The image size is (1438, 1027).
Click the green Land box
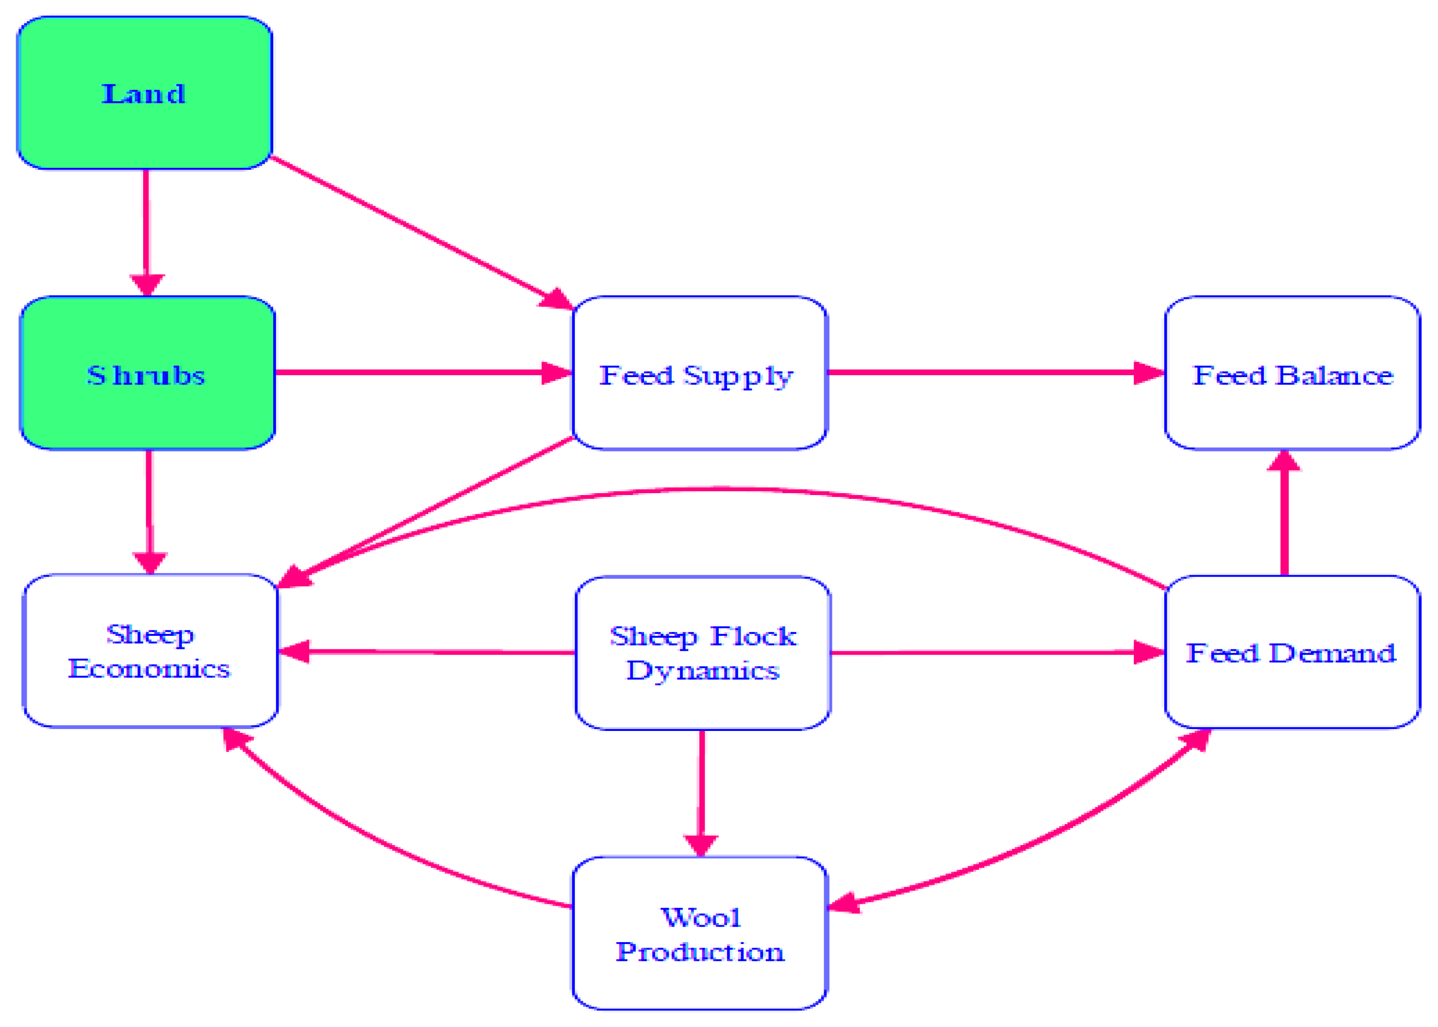click(145, 93)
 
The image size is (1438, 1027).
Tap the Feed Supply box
click(699, 373)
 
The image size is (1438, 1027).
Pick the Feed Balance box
click(1292, 373)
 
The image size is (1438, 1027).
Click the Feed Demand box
click(1292, 652)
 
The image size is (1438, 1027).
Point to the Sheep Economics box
click(150, 651)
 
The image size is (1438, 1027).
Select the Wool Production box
click(699, 933)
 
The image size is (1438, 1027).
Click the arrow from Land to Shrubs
click(146, 228)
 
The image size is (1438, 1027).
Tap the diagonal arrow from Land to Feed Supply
click(417, 232)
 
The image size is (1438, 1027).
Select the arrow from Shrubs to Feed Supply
click(417, 372)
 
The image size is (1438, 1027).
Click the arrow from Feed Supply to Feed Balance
click(993, 372)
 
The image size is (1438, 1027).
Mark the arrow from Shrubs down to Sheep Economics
click(149, 506)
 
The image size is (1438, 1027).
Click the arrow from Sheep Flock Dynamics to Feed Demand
click(993, 652)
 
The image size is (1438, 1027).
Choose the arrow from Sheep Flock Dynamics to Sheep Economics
click(430, 651)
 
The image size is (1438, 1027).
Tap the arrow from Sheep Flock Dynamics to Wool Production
click(701, 791)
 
